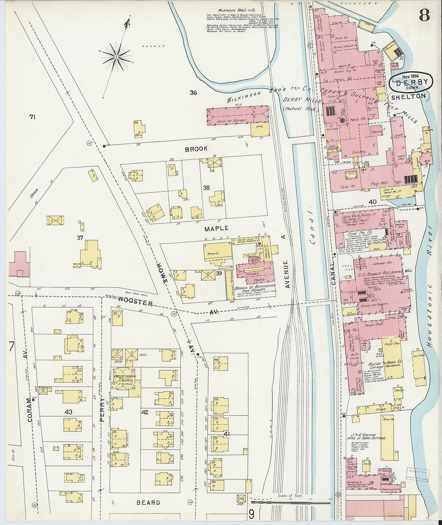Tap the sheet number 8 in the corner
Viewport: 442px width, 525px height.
(x=424, y=15)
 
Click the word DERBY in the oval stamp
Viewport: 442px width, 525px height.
(x=410, y=83)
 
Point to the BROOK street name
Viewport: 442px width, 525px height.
(x=196, y=149)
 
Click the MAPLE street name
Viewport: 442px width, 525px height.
(x=216, y=228)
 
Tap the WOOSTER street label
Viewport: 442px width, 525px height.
(x=135, y=302)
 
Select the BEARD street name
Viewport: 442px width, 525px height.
(x=148, y=502)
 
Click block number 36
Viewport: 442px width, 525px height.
(x=193, y=93)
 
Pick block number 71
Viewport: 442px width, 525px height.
(x=32, y=117)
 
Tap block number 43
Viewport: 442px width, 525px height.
(x=68, y=412)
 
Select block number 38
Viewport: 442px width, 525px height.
(x=206, y=187)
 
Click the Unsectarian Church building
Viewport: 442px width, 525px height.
(x=125, y=379)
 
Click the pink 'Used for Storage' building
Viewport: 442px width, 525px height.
(x=237, y=116)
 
